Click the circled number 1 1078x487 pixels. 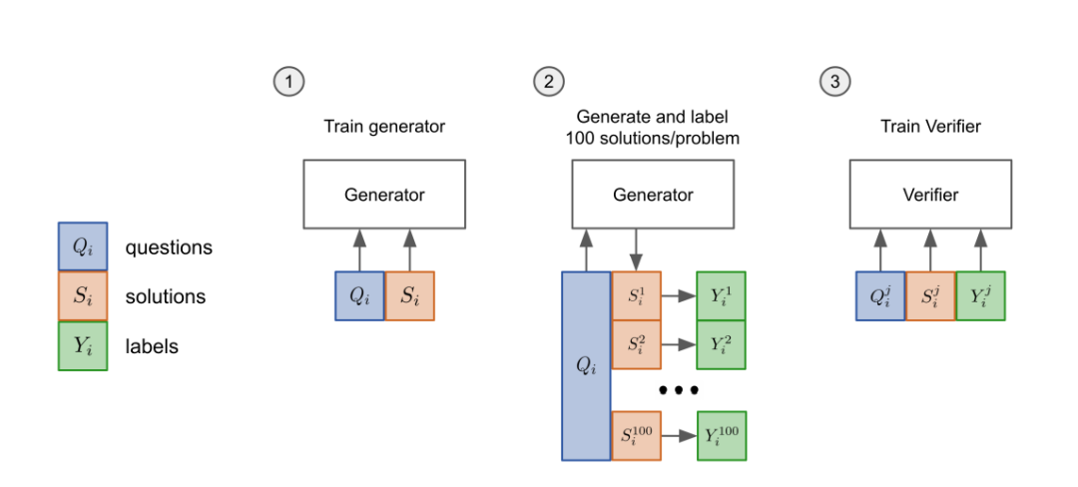288,82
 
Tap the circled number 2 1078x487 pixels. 549,82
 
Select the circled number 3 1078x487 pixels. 834,82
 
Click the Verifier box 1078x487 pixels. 930,195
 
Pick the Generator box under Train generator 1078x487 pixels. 384,195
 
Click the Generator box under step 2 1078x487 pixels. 653,195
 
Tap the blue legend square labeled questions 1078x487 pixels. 83,246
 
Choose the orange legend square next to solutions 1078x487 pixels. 83,296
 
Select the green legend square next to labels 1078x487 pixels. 83,346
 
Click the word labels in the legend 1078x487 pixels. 152,347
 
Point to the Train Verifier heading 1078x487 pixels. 931,127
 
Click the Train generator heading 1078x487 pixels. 384,127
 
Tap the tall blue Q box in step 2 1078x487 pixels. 587,365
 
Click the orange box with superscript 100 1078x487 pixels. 636,435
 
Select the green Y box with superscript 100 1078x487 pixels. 722,435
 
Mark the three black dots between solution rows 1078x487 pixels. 679,390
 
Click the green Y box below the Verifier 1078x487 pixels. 980,295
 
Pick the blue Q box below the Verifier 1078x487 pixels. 880,295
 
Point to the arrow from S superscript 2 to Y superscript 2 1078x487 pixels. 679,345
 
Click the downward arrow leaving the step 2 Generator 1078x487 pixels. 635,250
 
